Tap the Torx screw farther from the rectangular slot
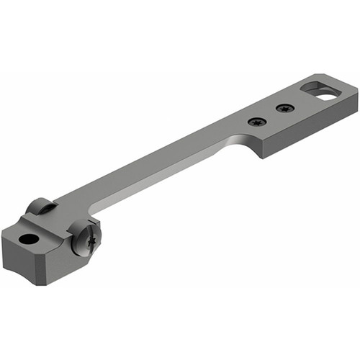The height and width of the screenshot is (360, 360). click(256, 122)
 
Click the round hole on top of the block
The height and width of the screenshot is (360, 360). click(28, 238)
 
